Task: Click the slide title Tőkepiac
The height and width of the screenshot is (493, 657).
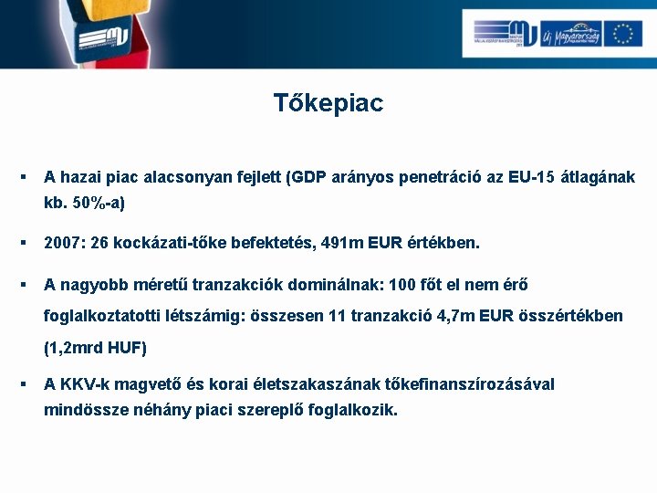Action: (x=328, y=103)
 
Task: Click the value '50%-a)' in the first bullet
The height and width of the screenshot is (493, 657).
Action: (x=99, y=202)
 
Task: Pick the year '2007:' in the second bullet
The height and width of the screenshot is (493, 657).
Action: (x=65, y=244)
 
